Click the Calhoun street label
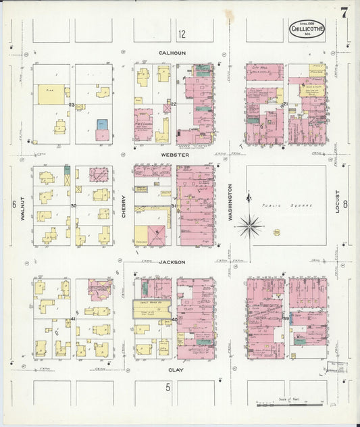172,53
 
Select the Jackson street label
172,261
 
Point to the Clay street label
176,370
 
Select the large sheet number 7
344,13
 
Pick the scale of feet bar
291,404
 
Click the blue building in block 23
102,124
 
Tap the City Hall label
260,69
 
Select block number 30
73,205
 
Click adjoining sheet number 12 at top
182,34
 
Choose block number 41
73,318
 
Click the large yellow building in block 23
51,95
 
